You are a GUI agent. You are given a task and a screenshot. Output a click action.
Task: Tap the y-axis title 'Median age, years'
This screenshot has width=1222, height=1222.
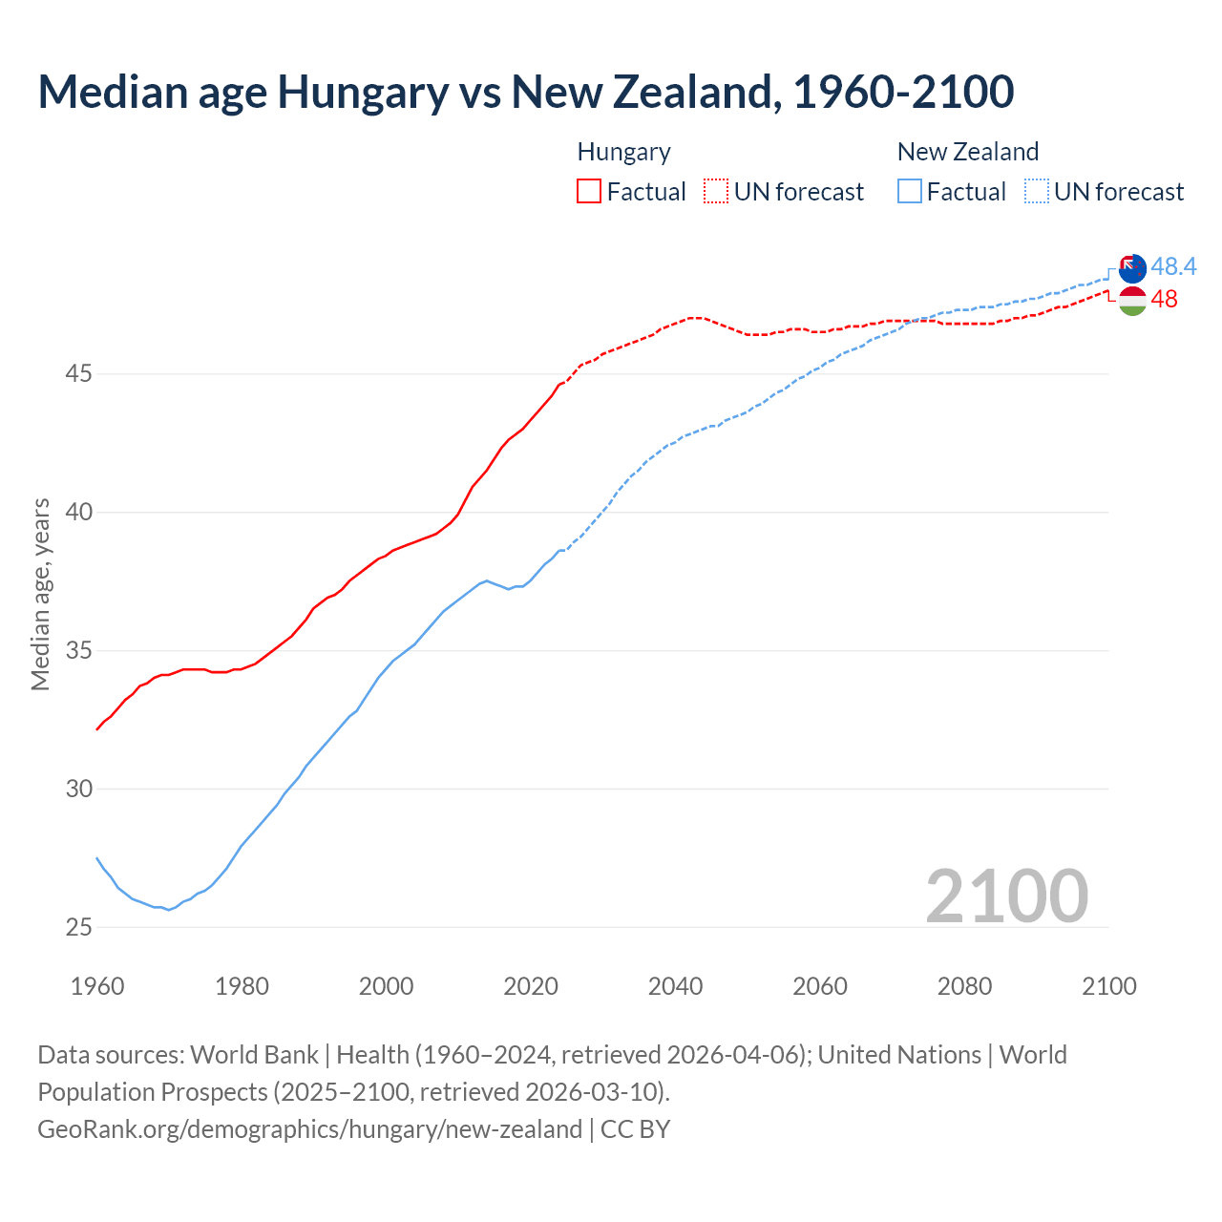(40, 594)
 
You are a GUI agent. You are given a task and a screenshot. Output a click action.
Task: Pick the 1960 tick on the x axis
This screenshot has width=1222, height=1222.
(97, 986)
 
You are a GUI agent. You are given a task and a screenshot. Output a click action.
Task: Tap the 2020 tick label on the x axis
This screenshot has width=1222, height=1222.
(531, 986)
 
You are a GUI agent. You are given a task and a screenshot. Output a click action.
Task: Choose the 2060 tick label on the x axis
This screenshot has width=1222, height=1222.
(820, 986)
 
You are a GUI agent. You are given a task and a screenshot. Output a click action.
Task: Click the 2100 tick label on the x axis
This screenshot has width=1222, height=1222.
(1108, 986)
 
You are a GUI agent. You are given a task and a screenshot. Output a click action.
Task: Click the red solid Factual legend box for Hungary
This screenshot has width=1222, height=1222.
(589, 192)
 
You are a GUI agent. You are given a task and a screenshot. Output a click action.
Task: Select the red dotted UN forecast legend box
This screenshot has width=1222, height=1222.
(716, 192)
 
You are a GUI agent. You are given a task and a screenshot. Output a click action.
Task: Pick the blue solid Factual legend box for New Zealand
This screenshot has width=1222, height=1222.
(910, 192)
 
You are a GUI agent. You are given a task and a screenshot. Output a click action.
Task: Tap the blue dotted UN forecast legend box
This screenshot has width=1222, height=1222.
(1037, 192)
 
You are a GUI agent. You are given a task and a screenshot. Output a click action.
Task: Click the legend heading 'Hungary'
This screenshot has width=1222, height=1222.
(623, 152)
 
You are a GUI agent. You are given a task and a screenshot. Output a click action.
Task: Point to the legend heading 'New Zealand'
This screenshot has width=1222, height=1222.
(967, 152)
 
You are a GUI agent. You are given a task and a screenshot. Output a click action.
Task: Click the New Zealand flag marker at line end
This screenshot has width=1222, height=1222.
(1132, 268)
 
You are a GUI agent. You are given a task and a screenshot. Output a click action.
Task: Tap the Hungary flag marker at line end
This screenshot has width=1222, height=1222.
(1132, 301)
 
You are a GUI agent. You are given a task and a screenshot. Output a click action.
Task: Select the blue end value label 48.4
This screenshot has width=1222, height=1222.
(1173, 266)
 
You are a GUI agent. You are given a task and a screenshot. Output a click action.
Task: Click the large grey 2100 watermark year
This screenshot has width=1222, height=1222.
(1006, 895)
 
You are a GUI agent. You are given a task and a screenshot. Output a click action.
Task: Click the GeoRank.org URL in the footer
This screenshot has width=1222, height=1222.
(309, 1129)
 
